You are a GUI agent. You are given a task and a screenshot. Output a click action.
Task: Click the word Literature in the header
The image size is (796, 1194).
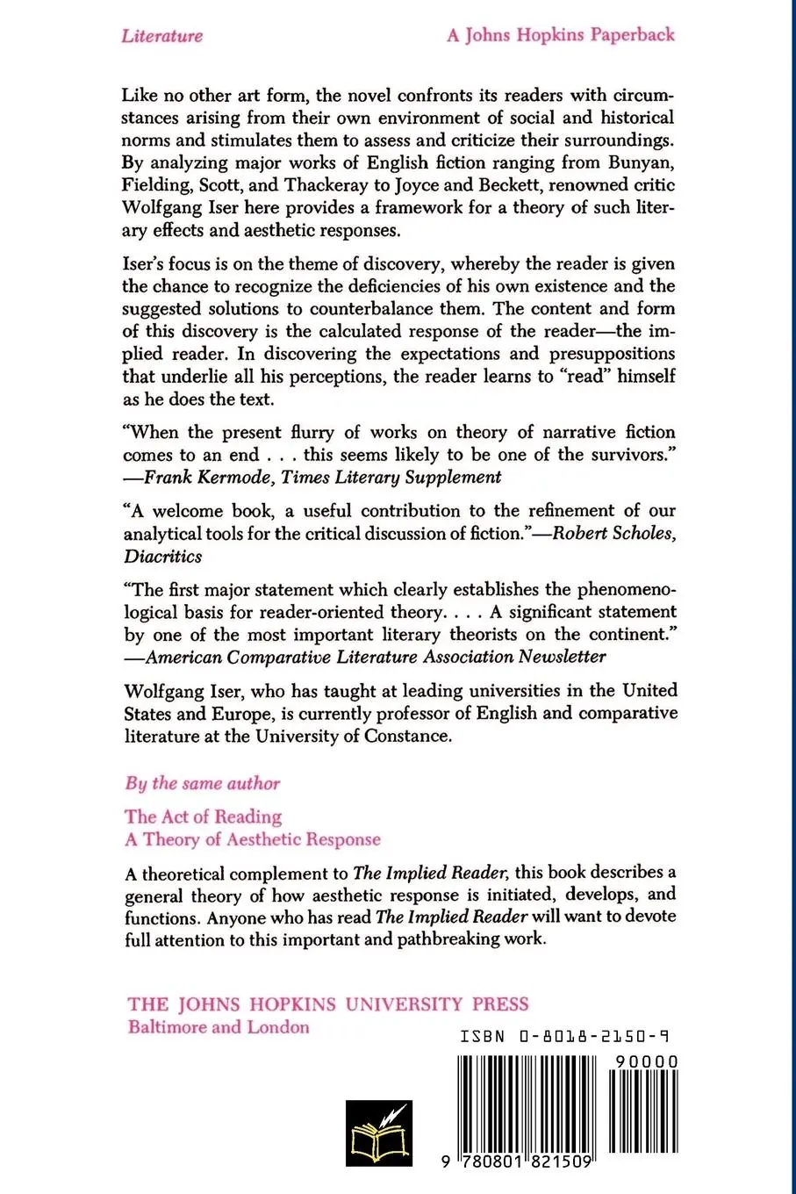[162, 36]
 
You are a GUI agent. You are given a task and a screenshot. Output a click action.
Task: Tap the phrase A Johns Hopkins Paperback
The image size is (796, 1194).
[560, 35]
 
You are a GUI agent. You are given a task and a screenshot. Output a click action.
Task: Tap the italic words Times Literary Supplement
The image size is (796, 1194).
[391, 478]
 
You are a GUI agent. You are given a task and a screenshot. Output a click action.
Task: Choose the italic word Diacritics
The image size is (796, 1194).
[163, 557]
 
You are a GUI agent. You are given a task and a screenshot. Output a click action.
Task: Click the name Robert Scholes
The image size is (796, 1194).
[612, 534]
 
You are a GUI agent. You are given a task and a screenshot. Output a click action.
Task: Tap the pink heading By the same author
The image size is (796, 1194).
[203, 783]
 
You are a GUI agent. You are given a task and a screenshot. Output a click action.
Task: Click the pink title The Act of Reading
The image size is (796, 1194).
[203, 816]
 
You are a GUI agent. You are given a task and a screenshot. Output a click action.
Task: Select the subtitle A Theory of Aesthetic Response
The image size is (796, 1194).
[253, 839]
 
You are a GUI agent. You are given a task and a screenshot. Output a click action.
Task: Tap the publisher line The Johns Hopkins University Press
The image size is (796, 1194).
[328, 1004]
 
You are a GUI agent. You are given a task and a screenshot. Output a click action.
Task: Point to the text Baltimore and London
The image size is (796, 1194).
[219, 1027]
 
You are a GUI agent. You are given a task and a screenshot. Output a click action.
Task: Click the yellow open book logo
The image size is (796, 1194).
[378, 1133]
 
